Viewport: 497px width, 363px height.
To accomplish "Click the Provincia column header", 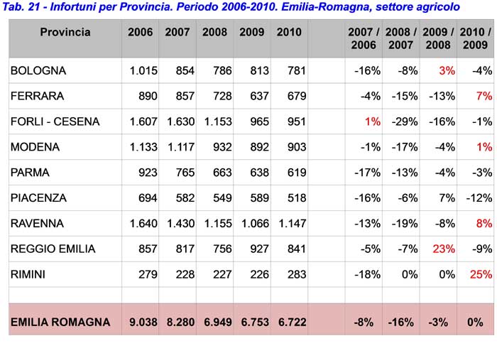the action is (x=65, y=32).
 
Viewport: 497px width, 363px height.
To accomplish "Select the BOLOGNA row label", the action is (x=38, y=70).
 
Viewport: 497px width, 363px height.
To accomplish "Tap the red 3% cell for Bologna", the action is (x=447, y=70).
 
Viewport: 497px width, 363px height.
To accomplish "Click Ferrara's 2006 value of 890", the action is (x=148, y=96).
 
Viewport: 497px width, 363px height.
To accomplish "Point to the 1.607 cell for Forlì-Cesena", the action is (x=143, y=121).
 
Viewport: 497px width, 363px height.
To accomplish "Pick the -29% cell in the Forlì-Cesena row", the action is (x=405, y=121).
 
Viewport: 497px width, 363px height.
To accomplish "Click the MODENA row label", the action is (x=35, y=147).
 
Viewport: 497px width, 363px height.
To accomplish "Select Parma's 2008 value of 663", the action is (x=222, y=173).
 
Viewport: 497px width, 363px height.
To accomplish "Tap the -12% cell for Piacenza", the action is (x=479, y=197).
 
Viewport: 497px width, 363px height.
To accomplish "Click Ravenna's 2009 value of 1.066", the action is (x=255, y=224).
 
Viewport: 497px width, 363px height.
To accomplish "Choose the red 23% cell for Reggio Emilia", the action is (x=444, y=249).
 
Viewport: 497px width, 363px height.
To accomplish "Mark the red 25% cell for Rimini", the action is (x=481, y=274).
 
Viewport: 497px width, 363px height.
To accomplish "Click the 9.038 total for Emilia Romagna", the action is (x=143, y=322).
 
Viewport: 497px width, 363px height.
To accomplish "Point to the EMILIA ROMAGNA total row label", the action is (x=60, y=322).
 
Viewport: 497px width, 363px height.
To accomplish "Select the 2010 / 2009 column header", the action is (x=475, y=38).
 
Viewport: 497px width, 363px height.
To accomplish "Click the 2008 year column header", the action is (x=214, y=32).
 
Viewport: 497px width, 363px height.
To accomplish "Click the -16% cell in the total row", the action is (x=400, y=323).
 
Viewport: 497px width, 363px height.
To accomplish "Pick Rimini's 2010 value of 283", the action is (x=297, y=274).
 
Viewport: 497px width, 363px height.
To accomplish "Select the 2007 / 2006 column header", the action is (x=364, y=38).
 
